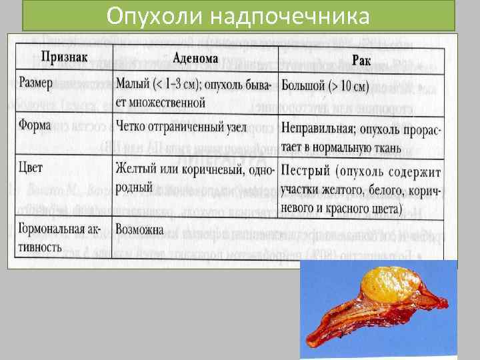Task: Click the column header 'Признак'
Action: (65, 56)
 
